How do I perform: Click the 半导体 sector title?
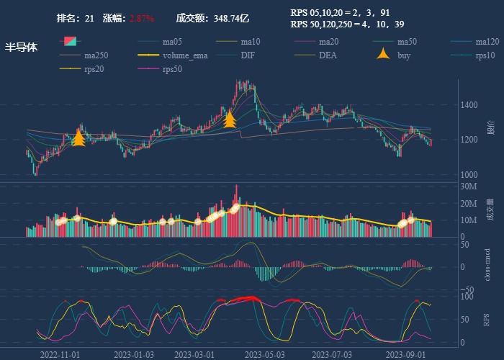21,48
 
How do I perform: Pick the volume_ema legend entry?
185,55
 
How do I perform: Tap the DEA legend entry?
328,55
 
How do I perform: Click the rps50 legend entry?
172,70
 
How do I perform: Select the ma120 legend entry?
487,42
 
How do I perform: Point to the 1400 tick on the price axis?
470,105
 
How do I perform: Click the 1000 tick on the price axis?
470,175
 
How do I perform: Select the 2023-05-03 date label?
265,354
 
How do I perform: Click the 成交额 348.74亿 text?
212,18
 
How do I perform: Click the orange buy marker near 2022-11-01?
79,138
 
